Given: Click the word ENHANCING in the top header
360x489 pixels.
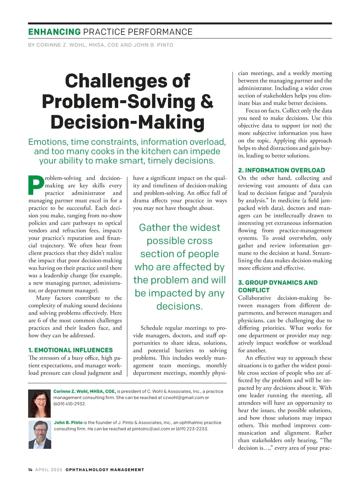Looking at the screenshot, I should click(x=54, y=32).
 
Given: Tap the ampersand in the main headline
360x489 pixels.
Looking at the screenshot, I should click(x=207, y=102).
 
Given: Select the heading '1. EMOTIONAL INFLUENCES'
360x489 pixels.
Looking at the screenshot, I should click(x=70, y=350).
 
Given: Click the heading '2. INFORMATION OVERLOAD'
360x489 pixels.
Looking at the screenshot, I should click(x=281, y=170).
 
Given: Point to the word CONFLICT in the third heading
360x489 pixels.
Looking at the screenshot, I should click(x=254, y=290).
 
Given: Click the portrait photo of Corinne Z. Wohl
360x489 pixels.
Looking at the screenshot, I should click(x=39, y=404).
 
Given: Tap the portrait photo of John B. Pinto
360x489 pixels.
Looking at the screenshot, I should click(x=40, y=434).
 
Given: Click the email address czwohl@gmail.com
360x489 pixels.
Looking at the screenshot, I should click(x=183, y=398).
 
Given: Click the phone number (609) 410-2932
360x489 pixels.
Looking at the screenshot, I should click(x=70, y=404).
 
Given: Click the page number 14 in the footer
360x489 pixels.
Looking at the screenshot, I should click(x=30, y=470).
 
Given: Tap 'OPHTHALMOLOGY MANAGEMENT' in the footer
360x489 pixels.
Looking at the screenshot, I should click(x=105, y=470).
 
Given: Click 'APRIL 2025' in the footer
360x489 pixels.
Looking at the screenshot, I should click(x=49, y=470).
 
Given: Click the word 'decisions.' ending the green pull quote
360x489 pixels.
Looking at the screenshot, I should click(x=179, y=306).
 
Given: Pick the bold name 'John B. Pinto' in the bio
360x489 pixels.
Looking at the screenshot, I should click(x=68, y=422).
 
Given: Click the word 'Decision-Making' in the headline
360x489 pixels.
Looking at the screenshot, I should click(x=127, y=122).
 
